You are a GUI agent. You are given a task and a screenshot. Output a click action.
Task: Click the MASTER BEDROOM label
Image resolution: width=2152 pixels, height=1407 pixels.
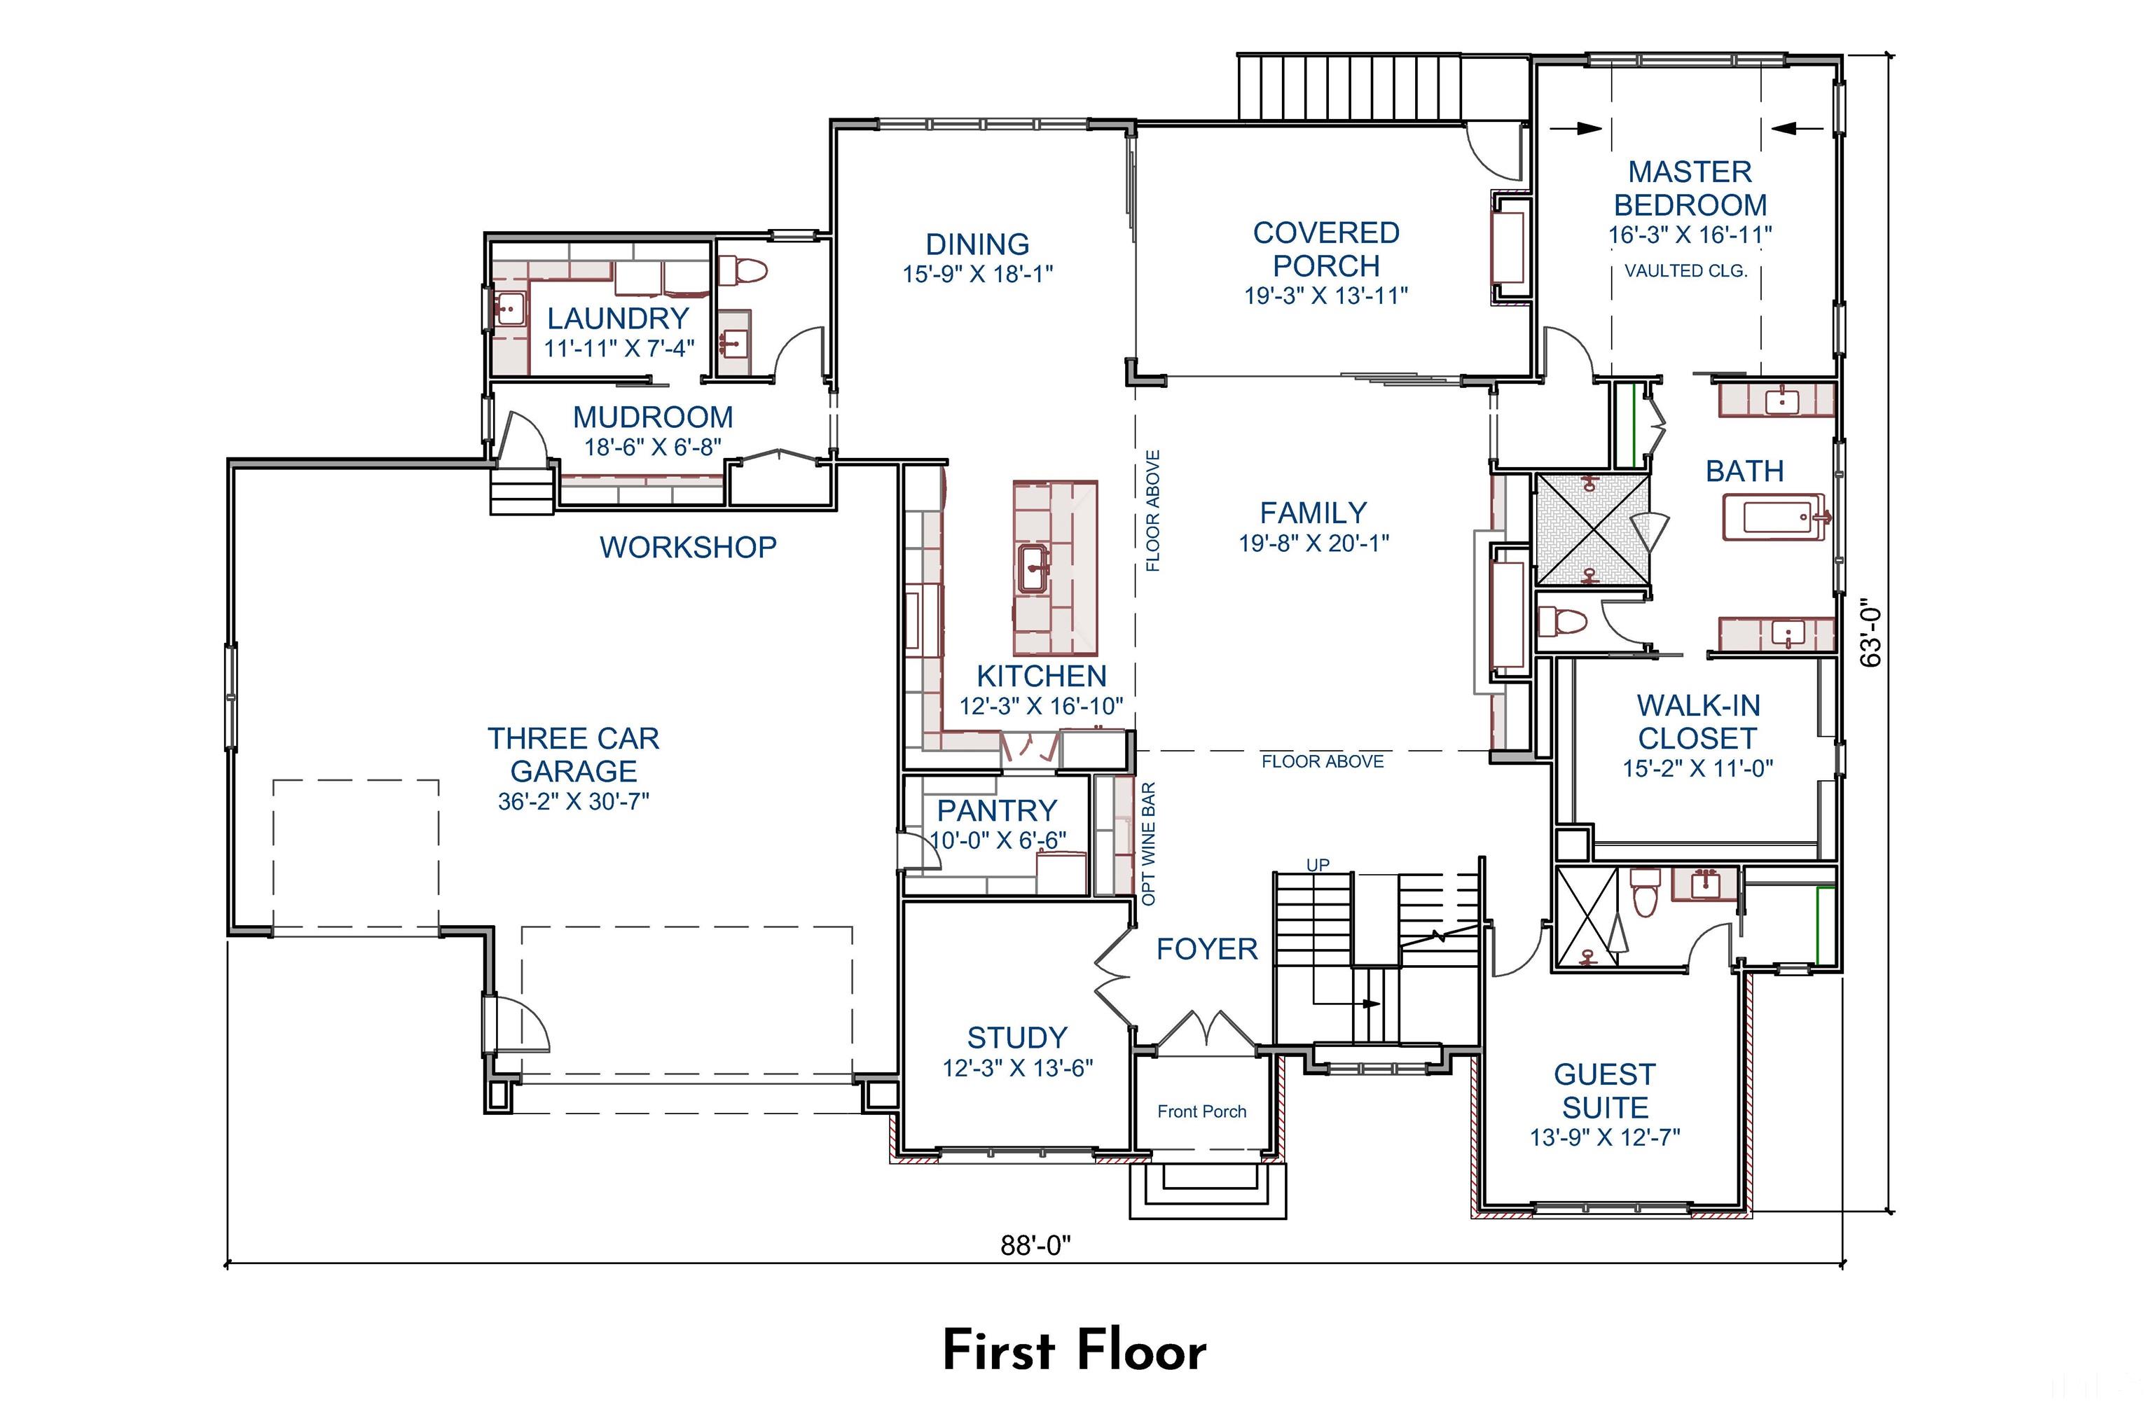(x=1689, y=188)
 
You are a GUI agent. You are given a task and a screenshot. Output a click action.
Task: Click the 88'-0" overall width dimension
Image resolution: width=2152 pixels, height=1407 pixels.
(x=1035, y=1245)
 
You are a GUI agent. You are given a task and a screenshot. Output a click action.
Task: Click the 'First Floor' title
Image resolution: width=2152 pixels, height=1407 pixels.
(x=1074, y=1351)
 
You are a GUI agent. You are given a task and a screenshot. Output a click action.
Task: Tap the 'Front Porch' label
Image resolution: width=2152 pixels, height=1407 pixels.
(x=1201, y=1111)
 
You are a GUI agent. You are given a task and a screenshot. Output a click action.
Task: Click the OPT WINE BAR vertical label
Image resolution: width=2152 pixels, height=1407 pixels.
(x=1148, y=843)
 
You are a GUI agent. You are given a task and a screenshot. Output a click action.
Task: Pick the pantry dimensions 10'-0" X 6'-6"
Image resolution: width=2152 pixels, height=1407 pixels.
(x=998, y=840)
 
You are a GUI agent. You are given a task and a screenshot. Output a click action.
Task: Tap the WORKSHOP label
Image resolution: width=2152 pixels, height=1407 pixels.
(x=687, y=547)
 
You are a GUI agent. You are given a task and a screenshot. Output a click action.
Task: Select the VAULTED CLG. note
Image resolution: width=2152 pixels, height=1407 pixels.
(x=1685, y=270)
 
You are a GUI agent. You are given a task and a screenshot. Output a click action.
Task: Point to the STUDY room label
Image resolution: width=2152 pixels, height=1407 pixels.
(x=1016, y=1037)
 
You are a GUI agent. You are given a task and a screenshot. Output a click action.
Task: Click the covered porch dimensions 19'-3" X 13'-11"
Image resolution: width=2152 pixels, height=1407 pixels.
(x=1325, y=296)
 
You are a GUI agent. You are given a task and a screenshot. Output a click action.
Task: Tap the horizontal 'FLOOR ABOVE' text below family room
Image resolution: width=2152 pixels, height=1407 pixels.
(x=1322, y=761)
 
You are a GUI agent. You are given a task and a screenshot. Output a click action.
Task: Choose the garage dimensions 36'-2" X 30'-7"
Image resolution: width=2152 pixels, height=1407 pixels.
(x=573, y=801)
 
